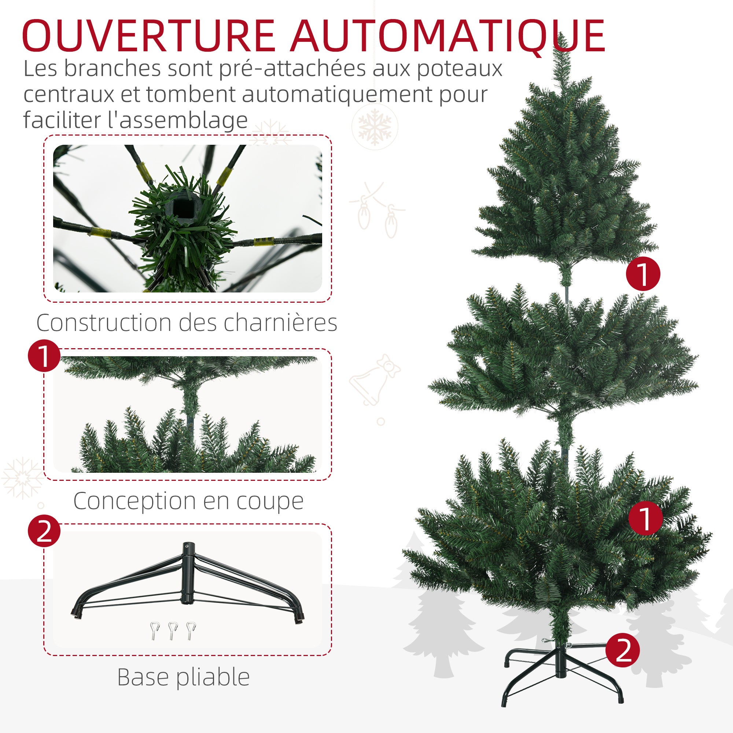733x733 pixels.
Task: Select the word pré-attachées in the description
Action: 292,69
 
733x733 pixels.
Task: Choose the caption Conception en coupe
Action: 188,501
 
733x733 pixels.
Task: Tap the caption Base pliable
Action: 183,677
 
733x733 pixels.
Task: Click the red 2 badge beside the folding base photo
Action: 44,531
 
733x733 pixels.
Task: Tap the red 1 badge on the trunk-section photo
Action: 44,356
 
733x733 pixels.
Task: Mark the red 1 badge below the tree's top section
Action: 643,273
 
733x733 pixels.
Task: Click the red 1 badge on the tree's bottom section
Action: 645,518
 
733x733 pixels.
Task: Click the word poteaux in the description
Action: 460,69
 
